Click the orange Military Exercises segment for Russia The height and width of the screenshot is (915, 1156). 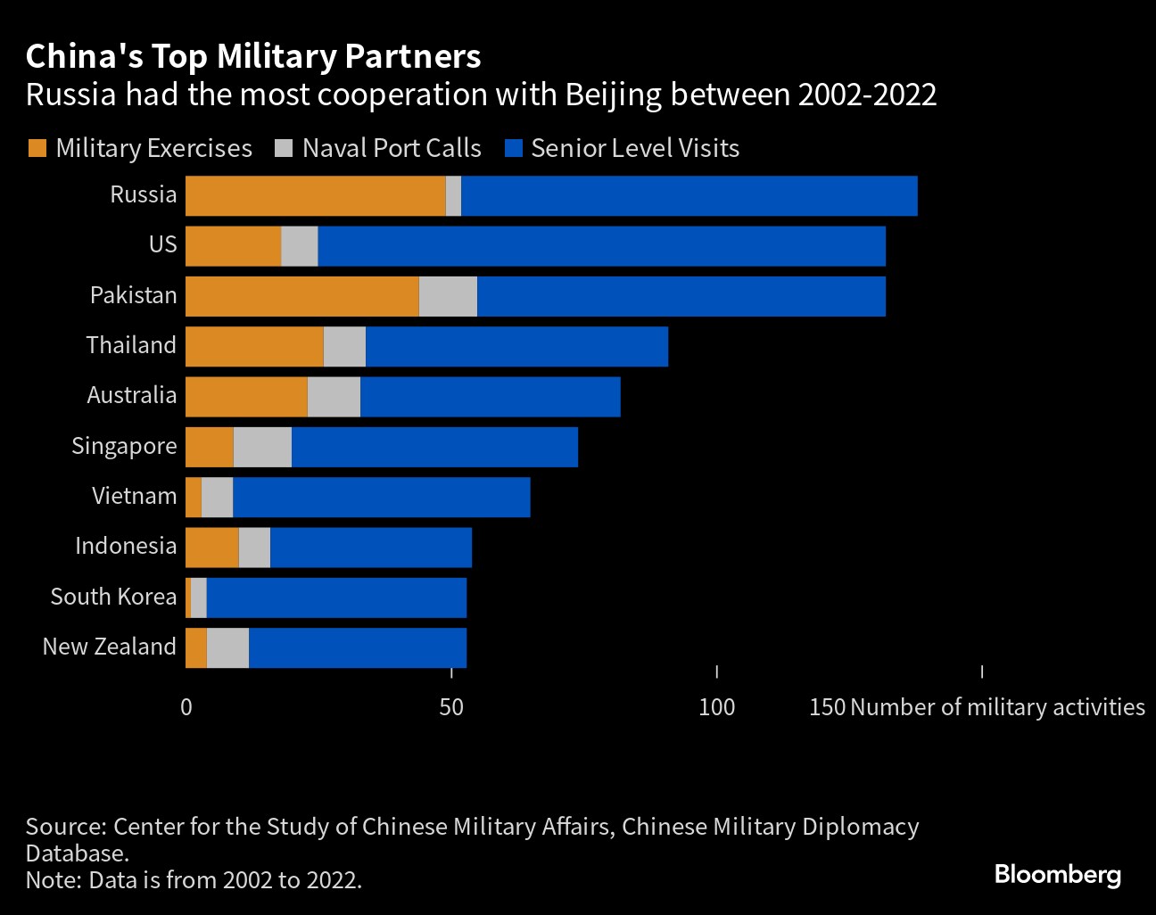(315, 196)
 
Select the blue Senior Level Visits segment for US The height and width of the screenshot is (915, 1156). (601, 246)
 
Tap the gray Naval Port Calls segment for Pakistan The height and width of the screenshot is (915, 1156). (448, 297)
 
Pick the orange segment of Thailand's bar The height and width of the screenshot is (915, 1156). (254, 347)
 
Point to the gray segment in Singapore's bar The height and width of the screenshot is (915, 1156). (262, 447)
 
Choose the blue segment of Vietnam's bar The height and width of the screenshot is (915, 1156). (381, 498)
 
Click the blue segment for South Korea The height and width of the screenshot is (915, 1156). (336, 598)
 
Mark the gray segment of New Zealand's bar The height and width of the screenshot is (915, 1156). (227, 648)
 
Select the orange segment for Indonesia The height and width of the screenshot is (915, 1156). (211, 548)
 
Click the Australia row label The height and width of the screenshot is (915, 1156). (132, 395)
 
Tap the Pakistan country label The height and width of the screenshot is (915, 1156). (134, 295)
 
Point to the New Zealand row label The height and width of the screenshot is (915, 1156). (110, 647)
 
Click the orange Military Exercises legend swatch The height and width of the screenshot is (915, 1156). (37, 148)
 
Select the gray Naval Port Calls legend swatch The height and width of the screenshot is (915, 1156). (284, 148)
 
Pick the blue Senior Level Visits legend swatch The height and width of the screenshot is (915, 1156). (513, 148)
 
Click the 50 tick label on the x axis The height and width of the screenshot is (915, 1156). (451, 707)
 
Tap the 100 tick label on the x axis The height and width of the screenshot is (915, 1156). (716, 707)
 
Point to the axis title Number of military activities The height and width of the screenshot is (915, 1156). (997, 707)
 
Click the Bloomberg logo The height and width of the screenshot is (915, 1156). (1057, 874)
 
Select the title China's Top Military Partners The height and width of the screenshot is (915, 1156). (253, 56)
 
